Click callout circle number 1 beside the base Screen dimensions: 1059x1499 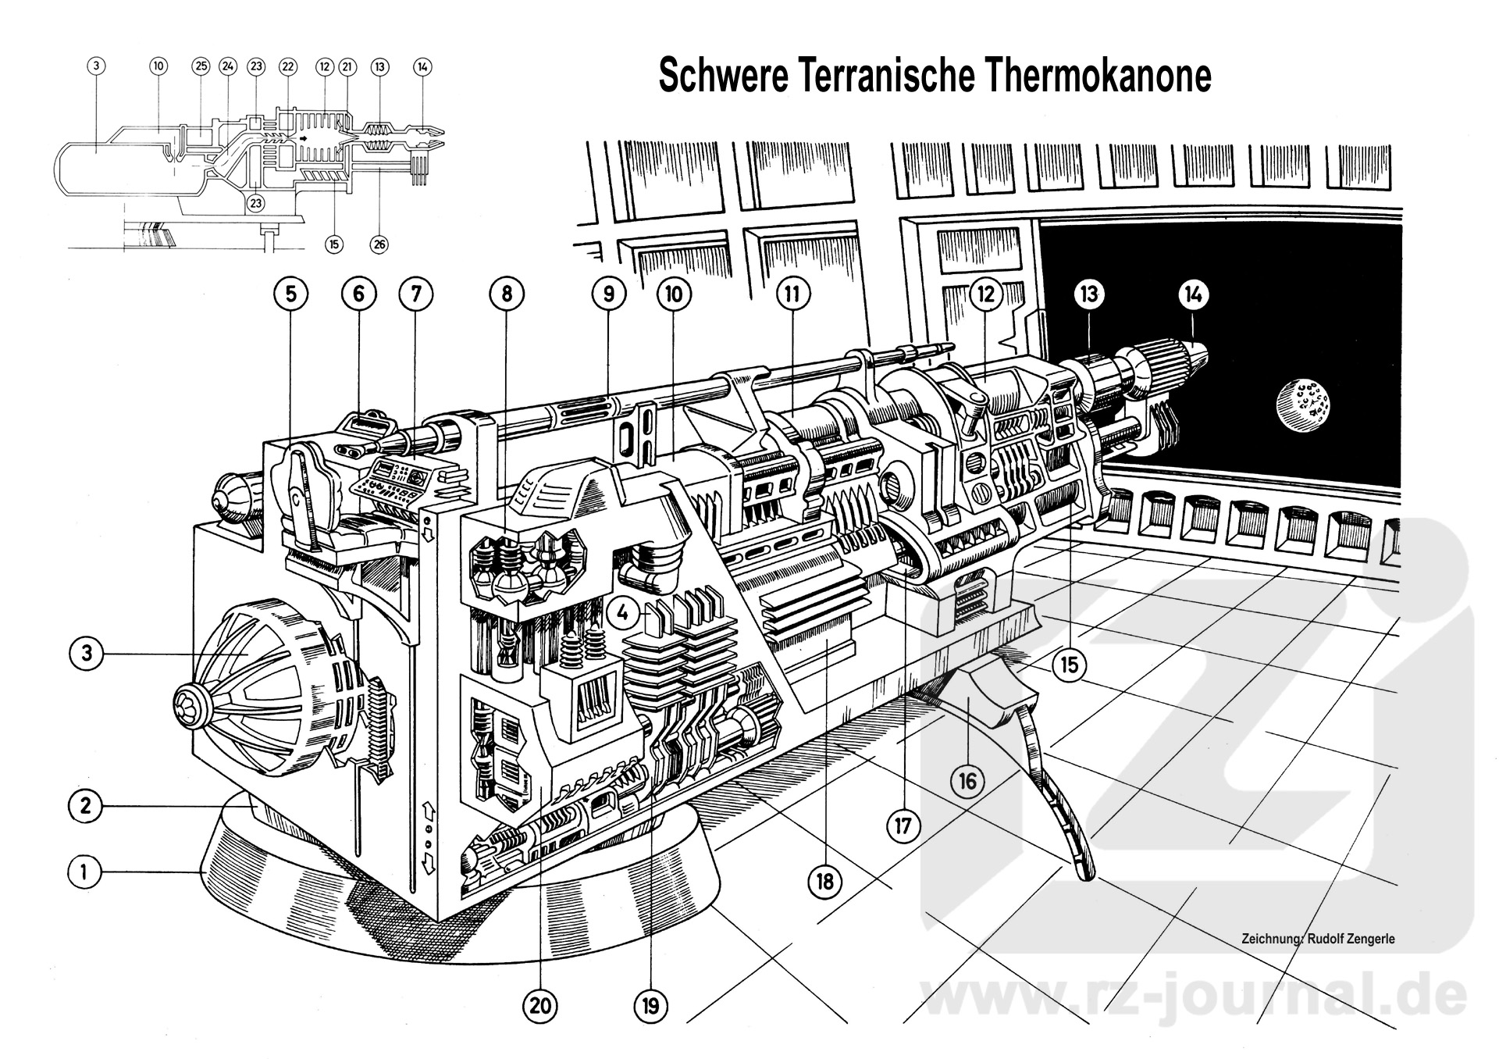click(x=85, y=871)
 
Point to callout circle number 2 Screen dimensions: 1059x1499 click(x=85, y=805)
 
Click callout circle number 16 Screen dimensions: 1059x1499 click(x=967, y=780)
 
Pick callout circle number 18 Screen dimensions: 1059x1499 click(x=824, y=882)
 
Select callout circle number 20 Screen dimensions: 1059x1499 click(x=540, y=1007)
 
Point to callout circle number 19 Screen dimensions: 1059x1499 click(x=650, y=1007)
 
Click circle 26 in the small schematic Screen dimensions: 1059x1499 click(x=379, y=244)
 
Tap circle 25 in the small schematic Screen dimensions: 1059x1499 click(x=201, y=66)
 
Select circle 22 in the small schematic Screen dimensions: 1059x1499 click(x=287, y=66)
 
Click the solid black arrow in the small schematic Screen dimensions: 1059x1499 click(x=304, y=138)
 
